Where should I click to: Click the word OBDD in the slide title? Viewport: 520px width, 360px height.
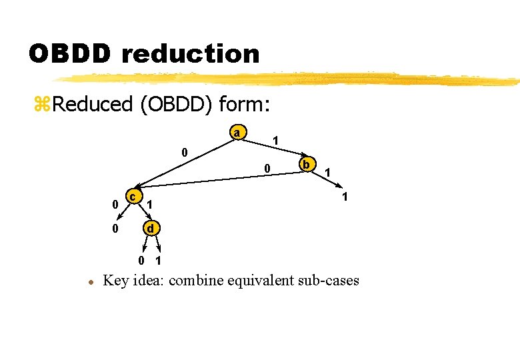(69, 53)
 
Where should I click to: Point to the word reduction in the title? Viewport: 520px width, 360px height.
(191, 53)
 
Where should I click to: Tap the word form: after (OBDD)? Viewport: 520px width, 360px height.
(246, 104)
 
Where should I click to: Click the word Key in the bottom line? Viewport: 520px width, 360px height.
(116, 280)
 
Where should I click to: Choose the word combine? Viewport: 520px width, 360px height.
(196, 280)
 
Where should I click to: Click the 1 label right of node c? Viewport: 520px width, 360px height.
(151, 203)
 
